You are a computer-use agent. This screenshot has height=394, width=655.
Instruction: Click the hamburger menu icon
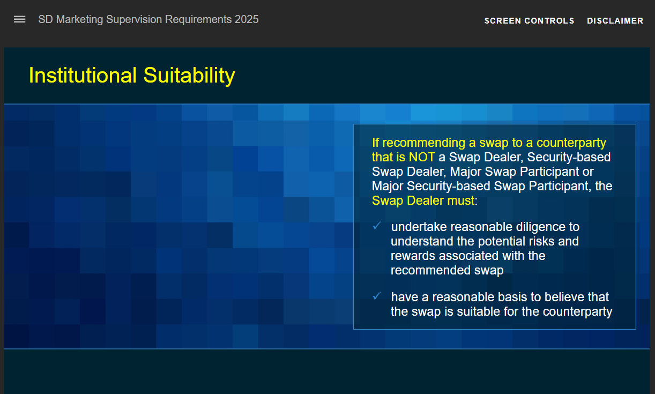[x=20, y=19]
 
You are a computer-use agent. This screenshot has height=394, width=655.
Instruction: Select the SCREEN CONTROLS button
[x=529, y=21]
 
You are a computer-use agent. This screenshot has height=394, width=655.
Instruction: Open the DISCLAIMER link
[x=615, y=21]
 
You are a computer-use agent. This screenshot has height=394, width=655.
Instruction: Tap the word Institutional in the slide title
[x=83, y=75]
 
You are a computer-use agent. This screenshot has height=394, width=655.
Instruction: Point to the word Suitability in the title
[x=189, y=76]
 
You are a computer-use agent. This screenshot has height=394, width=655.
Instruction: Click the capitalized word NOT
[x=422, y=157]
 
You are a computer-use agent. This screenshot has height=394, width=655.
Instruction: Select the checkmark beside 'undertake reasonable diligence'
[x=377, y=226]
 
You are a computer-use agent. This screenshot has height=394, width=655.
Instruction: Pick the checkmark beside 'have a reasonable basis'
[x=377, y=296]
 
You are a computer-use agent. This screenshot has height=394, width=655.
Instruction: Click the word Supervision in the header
[x=134, y=20]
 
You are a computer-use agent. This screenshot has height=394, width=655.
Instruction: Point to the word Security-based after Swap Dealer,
[x=569, y=158]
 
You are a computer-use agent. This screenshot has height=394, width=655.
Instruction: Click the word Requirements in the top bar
[x=198, y=20]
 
